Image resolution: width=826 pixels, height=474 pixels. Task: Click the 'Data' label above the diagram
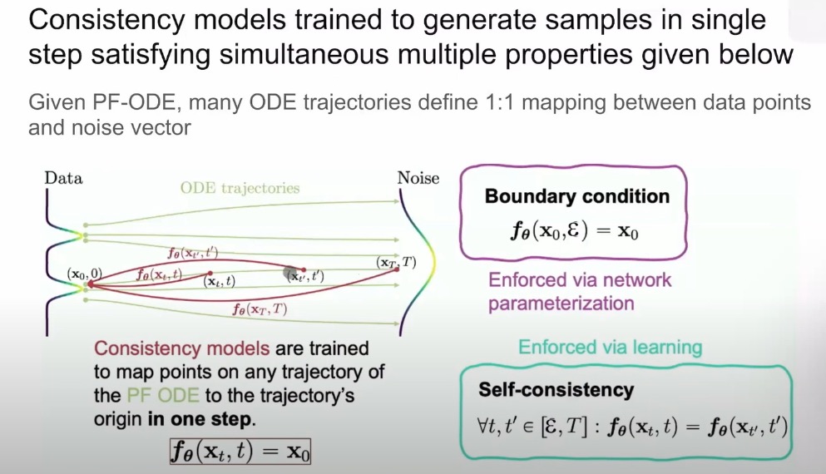pos(63,178)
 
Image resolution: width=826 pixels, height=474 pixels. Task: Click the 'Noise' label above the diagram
pos(418,178)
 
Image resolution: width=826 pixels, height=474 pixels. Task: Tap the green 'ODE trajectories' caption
pos(240,187)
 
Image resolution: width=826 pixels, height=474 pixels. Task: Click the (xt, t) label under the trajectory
pos(220,282)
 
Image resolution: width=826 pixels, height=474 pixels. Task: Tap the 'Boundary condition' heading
pos(576,197)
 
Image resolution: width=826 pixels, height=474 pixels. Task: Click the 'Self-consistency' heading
pos(556,390)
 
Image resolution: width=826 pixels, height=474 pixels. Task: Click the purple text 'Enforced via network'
pos(580,279)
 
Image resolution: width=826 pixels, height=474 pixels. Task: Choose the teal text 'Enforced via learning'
pos(610,347)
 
